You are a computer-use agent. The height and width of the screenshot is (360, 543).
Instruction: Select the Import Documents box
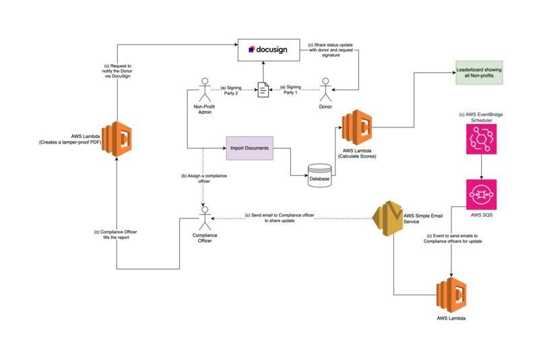pyautogui.click(x=250, y=148)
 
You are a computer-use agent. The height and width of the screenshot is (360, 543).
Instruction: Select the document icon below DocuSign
pyautogui.click(x=264, y=89)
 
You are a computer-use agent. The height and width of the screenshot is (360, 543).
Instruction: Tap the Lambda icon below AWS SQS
pyautogui.click(x=451, y=293)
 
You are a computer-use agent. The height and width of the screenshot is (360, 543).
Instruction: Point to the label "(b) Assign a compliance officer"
pyautogui.click(x=203, y=178)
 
